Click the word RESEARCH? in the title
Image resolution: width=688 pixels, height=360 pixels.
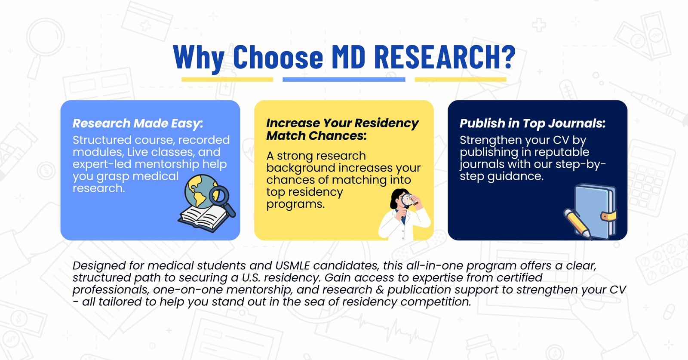pos(445,57)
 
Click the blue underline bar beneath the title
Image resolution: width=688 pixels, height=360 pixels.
pos(344,80)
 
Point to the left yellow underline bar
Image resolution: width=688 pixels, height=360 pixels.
pos(227,80)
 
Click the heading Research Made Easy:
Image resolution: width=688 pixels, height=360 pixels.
pos(138,123)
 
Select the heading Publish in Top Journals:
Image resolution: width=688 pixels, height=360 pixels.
pos(533,123)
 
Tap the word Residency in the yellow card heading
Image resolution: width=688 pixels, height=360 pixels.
pos(387,123)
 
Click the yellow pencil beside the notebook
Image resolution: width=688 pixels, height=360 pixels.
pos(577,224)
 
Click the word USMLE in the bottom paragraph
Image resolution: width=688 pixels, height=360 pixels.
pos(292,266)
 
